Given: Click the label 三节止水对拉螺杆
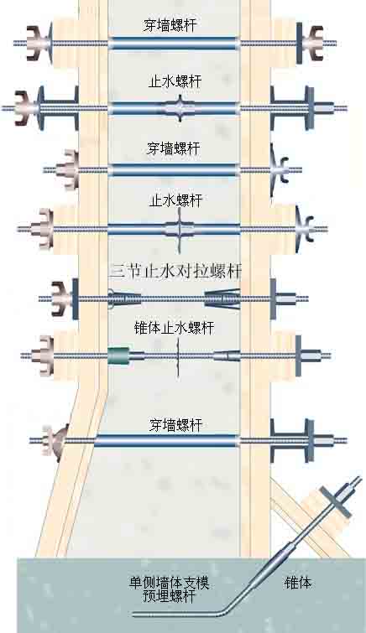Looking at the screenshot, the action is (175, 272).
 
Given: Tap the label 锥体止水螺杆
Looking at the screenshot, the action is (174, 328).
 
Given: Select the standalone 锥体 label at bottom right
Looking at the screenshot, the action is (298, 583).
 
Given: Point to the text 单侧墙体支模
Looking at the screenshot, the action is (169, 583).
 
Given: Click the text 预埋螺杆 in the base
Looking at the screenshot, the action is (169, 597).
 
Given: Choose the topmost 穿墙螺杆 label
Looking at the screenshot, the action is (170, 25).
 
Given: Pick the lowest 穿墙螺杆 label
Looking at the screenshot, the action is (175, 425).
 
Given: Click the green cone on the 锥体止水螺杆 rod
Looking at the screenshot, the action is (118, 355).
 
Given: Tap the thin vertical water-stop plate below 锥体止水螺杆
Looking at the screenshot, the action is (177, 357).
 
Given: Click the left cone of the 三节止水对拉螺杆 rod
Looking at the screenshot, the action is (124, 299).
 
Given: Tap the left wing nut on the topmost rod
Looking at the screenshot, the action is (36, 44).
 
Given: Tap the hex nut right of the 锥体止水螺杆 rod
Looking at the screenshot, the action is (311, 356).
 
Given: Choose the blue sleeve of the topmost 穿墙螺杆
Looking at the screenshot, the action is (174, 44).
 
